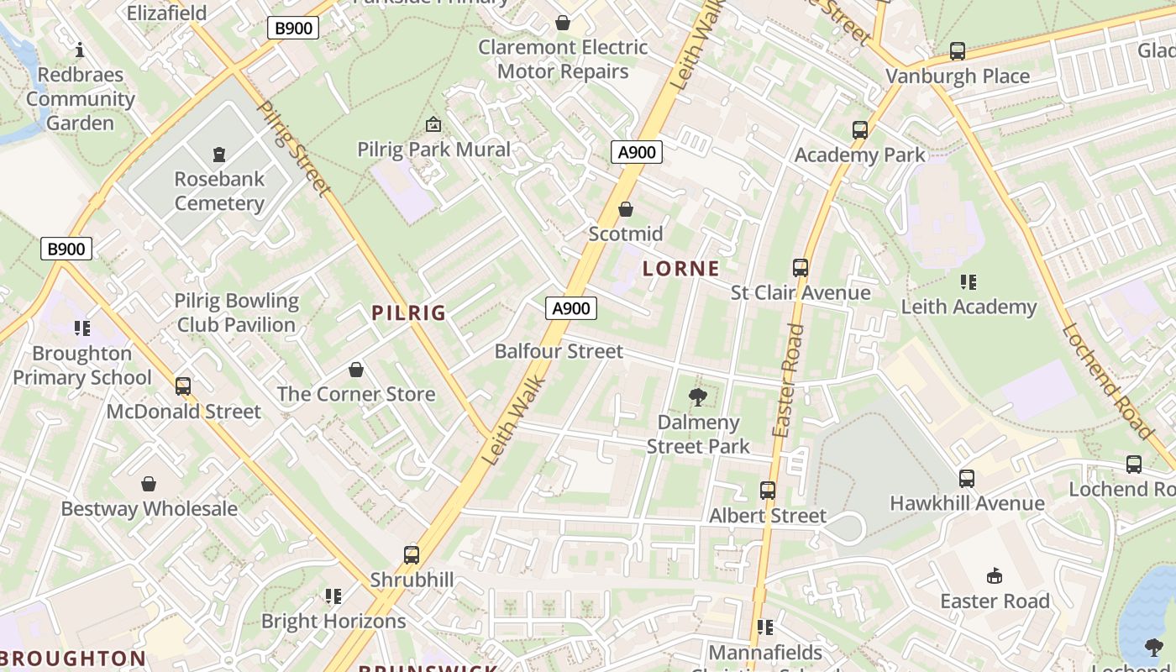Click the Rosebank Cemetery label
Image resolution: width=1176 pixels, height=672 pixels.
click(219, 191)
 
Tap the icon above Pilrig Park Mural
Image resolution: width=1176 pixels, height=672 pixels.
click(433, 124)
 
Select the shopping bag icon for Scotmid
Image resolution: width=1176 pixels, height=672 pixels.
click(626, 209)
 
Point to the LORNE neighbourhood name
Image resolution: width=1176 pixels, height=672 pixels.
click(681, 269)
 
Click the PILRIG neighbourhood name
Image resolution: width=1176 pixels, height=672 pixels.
click(409, 312)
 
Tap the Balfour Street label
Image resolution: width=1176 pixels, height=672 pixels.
click(559, 351)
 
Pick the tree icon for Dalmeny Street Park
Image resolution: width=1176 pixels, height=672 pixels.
click(697, 397)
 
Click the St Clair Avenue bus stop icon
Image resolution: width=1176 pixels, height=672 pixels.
click(801, 268)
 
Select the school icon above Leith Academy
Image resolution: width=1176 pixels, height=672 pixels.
click(969, 282)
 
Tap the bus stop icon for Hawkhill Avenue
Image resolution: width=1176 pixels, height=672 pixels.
click(967, 479)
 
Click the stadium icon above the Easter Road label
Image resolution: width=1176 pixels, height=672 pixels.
click(995, 576)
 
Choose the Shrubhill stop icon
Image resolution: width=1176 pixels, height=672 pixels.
click(412, 555)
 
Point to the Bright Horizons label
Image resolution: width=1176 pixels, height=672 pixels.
click(333, 622)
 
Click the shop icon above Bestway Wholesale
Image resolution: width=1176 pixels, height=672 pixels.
click(149, 484)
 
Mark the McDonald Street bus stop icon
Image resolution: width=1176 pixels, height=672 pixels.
click(183, 386)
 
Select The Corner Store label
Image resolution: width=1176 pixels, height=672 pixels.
click(356, 394)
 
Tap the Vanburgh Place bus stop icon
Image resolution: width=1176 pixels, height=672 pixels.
click(958, 51)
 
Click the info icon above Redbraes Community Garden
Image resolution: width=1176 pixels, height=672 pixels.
click(80, 50)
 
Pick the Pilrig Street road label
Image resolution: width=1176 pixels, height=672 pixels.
click(293, 150)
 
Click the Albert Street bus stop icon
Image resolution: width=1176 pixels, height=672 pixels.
click(768, 491)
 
